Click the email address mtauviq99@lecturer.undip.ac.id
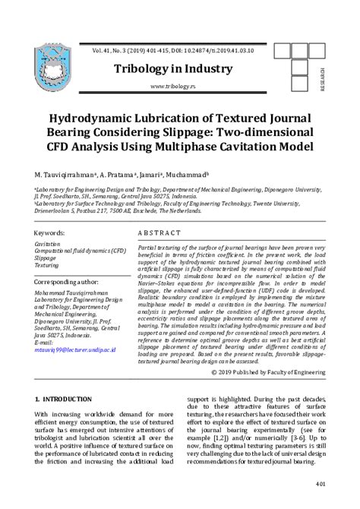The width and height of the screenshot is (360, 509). [75, 349]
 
